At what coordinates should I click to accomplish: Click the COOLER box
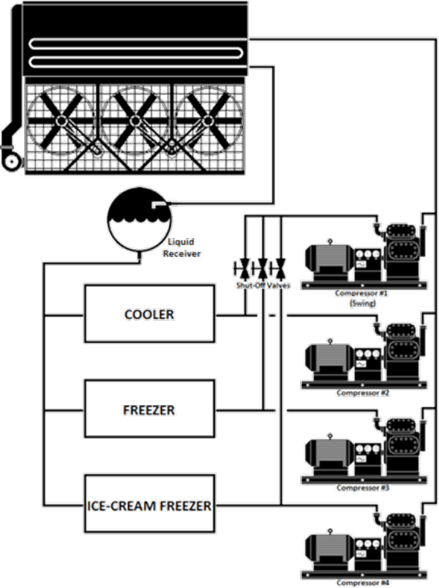pos(150,313)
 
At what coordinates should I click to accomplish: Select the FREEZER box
pos(150,409)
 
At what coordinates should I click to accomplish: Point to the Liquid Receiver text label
pos(184,248)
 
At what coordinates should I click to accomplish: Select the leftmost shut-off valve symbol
pos(243,267)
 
